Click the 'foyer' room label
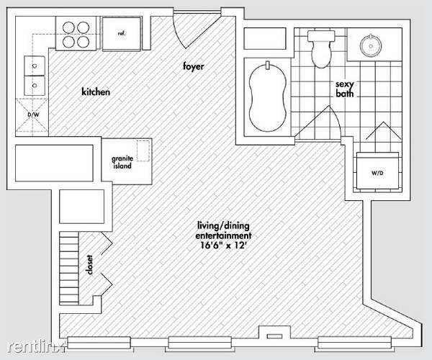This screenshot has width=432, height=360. pos(194,66)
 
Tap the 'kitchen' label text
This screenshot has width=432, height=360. pos(96,91)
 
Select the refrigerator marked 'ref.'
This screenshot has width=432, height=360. pos(122,34)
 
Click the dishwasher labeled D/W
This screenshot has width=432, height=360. pos(32,116)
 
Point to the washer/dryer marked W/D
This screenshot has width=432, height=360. pos(377,171)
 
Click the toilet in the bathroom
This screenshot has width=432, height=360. pos(321,49)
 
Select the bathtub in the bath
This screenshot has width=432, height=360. pos(268,96)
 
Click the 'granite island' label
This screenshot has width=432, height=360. pos(122,162)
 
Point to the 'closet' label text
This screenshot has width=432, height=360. pos(89,265)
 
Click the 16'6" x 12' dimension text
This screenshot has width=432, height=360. pos(223,245)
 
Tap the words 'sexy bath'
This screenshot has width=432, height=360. pos(344,89)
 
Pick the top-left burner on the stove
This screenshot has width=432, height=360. pos(68,27)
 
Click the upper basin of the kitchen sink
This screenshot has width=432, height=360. pos(35,66)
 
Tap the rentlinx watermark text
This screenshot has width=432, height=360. pos(37,347)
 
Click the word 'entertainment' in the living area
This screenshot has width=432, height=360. pos(223,235)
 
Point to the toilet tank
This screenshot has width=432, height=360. pos(321,36)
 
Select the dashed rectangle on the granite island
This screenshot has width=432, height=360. pos(143,150)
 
